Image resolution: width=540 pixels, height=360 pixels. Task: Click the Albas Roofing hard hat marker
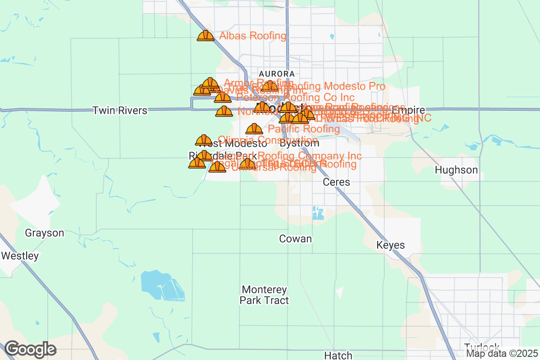click(206, 36)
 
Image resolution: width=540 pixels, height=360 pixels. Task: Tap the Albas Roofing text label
click(253, 36)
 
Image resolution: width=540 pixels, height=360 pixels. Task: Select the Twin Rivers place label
click(120, 110)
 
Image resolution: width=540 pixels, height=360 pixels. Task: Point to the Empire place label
click(408, 110)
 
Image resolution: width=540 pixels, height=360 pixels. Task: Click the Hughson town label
click(456, 170)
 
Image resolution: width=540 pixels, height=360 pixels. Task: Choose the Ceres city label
click(337, 182)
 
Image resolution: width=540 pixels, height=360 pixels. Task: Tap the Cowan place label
click(296, 238)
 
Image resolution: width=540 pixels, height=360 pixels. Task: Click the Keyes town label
click(391, 245)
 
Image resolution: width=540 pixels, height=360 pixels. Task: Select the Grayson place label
click(45, 233)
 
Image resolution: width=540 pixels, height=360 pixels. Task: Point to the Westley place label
click(20, 256)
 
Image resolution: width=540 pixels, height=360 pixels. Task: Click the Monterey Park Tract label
click(264, 295)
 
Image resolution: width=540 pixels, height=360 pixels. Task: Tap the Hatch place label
click(338, 355)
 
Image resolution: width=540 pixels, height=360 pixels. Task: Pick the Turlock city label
click(481, 347)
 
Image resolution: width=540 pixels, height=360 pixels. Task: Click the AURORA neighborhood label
click(277, 73)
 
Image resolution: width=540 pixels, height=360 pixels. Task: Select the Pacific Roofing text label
click(304, 129)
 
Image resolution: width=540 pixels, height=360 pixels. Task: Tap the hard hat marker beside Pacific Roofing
click(254, 129)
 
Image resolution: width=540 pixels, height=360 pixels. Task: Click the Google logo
click(31, 349)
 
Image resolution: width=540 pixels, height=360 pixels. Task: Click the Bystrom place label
click(299, 144)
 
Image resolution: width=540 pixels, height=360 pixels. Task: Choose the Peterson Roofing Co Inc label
click(296, 97)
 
